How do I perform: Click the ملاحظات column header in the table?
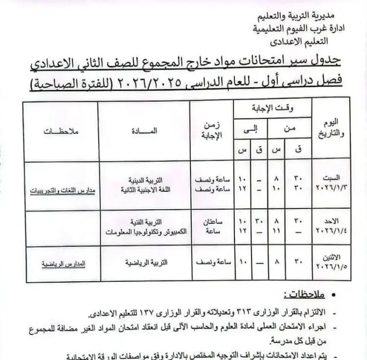(63, 132)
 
